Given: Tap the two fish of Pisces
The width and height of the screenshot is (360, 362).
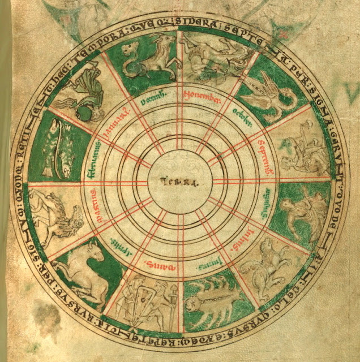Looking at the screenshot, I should click(x=54, y=149).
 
